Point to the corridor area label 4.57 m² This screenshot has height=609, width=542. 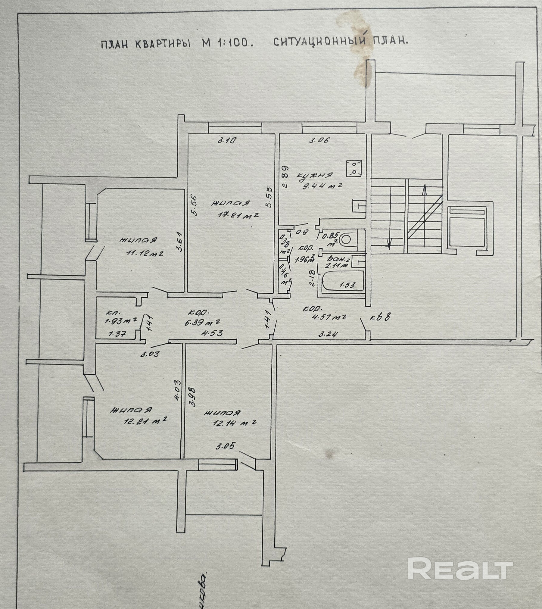329,317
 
